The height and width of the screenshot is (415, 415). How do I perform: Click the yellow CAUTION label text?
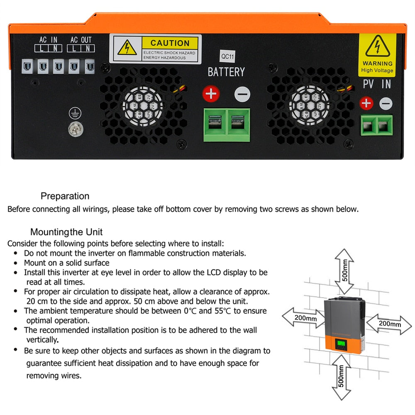click(x=170, y=43)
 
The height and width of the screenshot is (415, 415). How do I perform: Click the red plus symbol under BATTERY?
click(x=211, y=94)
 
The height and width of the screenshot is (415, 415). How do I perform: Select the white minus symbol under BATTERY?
click(x=242, y=94)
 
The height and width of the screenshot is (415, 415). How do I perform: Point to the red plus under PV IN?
click(x=366, y=103)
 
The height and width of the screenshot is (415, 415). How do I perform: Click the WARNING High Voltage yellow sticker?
click(x=377, y=55)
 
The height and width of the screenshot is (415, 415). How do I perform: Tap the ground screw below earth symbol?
click(x=75, y=129)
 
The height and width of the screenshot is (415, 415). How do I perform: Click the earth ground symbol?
click(x=75, y=113)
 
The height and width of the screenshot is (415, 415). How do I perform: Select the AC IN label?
click(x=48, y=40)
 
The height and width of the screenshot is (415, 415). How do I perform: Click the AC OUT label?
click(x=81, y=40)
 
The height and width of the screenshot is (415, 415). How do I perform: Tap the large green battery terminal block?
click(x=227, y=124)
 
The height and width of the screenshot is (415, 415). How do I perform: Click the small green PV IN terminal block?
click(x=377, y=124)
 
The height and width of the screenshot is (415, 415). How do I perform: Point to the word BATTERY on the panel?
click(x=226, y=72)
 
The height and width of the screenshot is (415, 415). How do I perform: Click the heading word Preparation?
click(x=65, y=196)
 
